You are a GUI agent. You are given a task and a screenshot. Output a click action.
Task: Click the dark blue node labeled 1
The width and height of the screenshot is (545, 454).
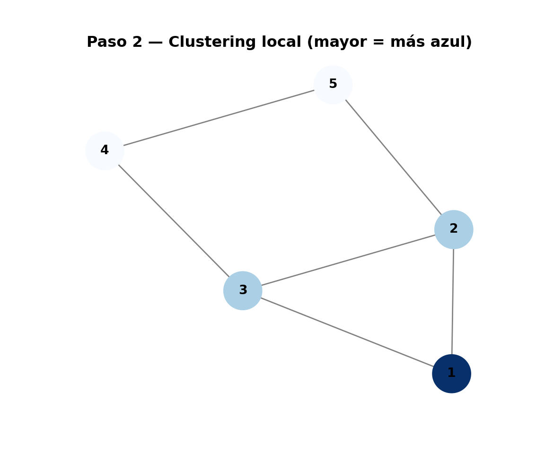coord(451,374)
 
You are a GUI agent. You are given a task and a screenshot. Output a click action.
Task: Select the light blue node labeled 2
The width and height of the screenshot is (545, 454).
coord(454,229)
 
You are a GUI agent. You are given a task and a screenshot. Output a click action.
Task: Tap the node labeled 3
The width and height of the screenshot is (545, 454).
coord(243,290)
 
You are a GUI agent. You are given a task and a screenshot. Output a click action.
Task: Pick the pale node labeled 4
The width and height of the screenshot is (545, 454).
coord(105,151)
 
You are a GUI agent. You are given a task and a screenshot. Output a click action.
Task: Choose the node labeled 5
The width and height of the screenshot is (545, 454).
coord(333,85)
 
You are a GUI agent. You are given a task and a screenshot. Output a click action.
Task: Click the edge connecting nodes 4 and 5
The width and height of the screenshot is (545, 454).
coord(219,118)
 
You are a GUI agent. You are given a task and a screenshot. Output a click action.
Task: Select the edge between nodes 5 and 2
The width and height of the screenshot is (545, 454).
coord(394,157)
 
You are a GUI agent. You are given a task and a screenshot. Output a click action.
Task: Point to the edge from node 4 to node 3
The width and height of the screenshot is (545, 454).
coord(174,220)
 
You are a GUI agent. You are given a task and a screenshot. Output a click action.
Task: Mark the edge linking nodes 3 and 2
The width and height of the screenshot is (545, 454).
coord(348,260)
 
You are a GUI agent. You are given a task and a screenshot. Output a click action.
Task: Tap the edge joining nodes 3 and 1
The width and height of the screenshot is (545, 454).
coord(347,332)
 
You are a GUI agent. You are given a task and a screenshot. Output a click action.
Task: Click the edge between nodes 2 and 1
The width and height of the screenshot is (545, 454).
coord(453,301)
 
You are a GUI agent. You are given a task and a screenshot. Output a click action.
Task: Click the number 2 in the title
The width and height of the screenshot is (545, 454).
coord(137,43)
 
